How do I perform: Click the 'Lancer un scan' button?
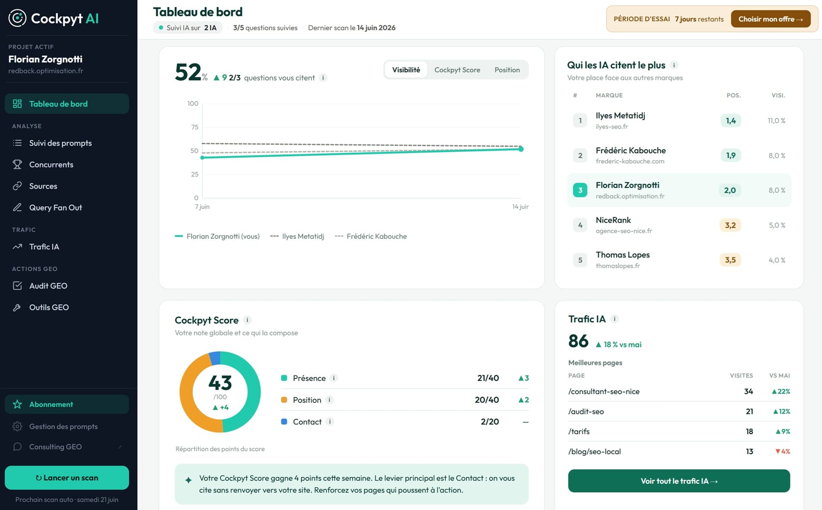(67, 478)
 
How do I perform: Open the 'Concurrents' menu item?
(51, 164)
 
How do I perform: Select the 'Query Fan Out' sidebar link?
(55, 207)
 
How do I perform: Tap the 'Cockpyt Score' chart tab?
(457, 70)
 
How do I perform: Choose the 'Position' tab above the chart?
(507, 70)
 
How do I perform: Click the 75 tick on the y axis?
(195, 127)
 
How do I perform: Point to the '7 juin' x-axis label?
(202, 207)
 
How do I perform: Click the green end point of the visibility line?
(521, 149)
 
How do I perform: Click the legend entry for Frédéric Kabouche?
(371, 236)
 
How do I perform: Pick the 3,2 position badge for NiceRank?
(730, 225)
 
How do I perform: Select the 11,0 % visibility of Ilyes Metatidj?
(776, 121)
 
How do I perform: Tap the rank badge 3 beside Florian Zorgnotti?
(580, 190)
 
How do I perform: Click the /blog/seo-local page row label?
(594, 451)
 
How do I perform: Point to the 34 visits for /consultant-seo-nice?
(748, 391)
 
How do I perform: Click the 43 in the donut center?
(220, 382)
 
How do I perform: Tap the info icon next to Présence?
(334, 378)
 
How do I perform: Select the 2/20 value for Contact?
(490, 422)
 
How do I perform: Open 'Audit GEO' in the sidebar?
(48, 286)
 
